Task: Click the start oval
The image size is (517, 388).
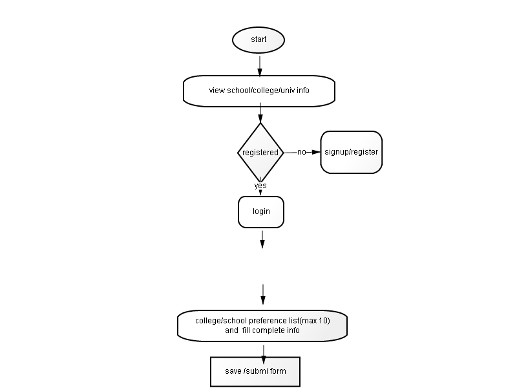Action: pyautogui.click(x=258, y=39)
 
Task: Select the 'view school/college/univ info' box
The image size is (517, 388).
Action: pyautogui.click(x=259, y=91)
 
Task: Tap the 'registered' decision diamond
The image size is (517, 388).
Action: pyautogui.click(x=260, y=153)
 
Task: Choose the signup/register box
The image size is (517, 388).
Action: pyautogui.click(x=351, y=153)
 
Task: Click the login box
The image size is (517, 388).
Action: pyautogui.click(x=261, y=211)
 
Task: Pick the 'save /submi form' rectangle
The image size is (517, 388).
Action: pyautogui.click(x=255, y=371)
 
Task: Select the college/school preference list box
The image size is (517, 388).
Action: pyautogui.click(x=262, y=325)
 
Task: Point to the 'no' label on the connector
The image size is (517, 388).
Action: pyautogui.click(x=301, y=153)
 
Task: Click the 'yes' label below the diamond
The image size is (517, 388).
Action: pyautogui.click(x=260, y=186)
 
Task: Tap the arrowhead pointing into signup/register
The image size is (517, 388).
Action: pyautogui.click(x=316, y=153)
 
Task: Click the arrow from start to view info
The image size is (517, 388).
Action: pyautogui.click(x=260, y=65)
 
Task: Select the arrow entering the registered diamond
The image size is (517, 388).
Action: pyautogui.click(x=260, y=115)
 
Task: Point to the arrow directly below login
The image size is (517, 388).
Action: pyautogui.click(x=262, y=239)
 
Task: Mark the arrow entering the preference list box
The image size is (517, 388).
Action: pyautogui.click(x=263, y=295)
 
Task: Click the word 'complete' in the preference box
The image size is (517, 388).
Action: pyautogui.click(x=263, y=330)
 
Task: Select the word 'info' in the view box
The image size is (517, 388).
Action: pyautogui.click(x=302, y=91)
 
